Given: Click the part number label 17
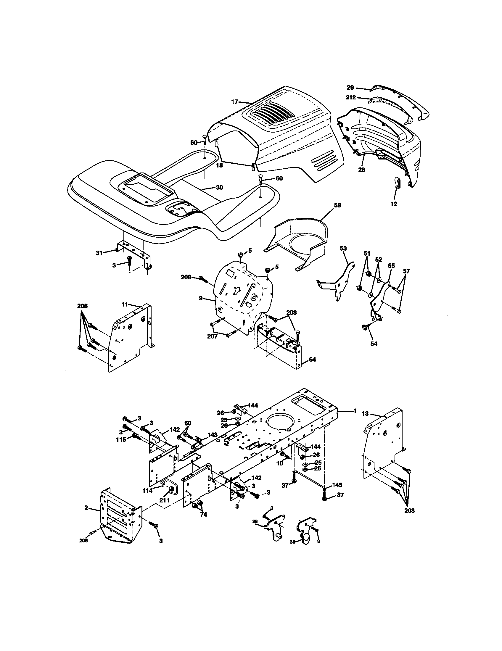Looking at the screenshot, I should [x=234, y=101].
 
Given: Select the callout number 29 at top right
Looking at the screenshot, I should [x=350, y=88].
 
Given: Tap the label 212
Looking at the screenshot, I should [x=351, y=97].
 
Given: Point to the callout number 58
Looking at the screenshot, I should [x=337, y=205].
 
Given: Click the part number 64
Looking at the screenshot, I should [x=312, y=360].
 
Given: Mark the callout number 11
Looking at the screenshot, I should [x=125, y=304].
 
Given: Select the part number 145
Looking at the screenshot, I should [x=337, y=485].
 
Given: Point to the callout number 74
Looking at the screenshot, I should [x=204, y=515].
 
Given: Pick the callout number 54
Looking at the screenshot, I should [x=374, y=344].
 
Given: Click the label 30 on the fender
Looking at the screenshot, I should [x=219, y=188].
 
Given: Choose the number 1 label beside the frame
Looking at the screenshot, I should [x=355, y=411].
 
